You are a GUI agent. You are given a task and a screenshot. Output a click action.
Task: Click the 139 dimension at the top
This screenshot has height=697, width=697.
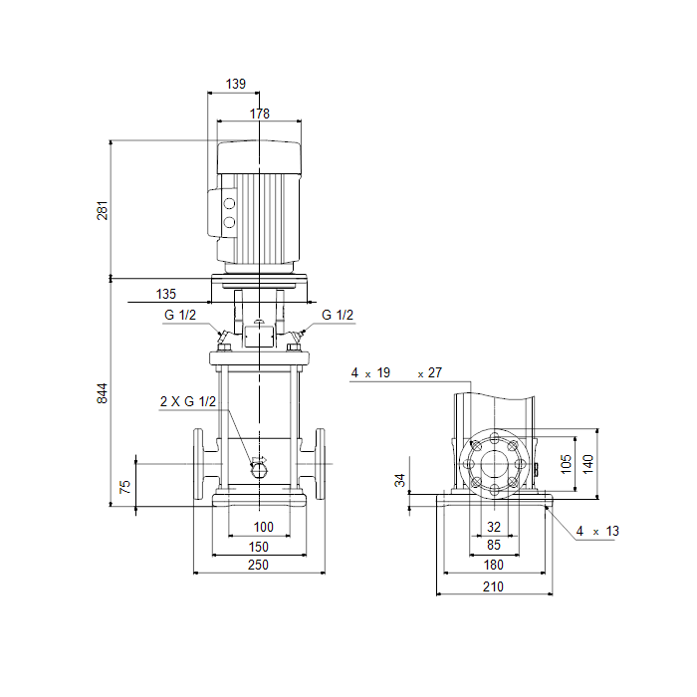[236, 84]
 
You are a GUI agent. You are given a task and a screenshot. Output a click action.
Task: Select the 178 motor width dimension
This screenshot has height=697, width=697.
[260, 114]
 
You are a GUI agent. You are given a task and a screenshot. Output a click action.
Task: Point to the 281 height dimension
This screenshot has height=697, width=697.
[103, 210]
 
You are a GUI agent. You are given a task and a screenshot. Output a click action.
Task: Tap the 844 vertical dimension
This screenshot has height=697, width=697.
[103, 393]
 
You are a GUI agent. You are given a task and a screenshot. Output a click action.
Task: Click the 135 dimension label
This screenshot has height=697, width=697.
[166, 294]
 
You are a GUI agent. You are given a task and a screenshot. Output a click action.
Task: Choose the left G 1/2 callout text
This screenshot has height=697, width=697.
[180, 315]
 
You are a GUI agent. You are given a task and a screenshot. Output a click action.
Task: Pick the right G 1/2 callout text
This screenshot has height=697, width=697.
[338, 315]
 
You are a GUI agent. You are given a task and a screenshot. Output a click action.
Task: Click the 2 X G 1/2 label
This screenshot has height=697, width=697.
[188, 401]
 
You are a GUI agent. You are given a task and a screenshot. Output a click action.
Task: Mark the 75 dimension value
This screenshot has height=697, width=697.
[125, 487]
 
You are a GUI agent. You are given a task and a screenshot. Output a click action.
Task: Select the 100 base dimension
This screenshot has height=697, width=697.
[263, 527]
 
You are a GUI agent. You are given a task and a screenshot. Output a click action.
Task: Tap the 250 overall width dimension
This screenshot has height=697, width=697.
[258, 565]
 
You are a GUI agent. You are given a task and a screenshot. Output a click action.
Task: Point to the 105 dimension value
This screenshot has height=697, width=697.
[566, 464]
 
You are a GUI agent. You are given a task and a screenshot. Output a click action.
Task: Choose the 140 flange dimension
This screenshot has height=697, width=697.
[587, 464]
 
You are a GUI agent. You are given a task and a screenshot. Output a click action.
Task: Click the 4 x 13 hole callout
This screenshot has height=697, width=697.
[597, 531]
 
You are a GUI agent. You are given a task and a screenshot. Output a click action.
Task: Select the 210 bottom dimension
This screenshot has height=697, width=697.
[494, 586]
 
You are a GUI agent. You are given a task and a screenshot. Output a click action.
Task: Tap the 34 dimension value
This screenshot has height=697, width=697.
[400, 480]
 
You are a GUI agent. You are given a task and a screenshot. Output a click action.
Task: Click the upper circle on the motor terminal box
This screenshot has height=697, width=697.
[229, 204]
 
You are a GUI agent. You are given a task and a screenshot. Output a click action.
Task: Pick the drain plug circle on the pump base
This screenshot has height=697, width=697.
[259, 470]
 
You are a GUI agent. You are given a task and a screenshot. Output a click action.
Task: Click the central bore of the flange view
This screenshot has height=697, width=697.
[494, 464]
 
